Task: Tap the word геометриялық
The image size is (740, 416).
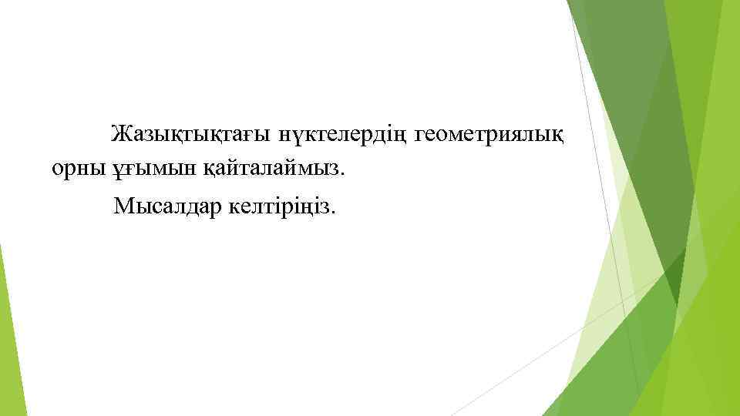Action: (x=489, y=135)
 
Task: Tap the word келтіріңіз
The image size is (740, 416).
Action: (x=281, y=206)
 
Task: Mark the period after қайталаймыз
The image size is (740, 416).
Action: (x=345, y=175)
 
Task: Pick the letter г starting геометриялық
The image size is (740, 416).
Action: (x=419, y=136)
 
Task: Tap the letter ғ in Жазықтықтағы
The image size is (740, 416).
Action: (x=249, y=136)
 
